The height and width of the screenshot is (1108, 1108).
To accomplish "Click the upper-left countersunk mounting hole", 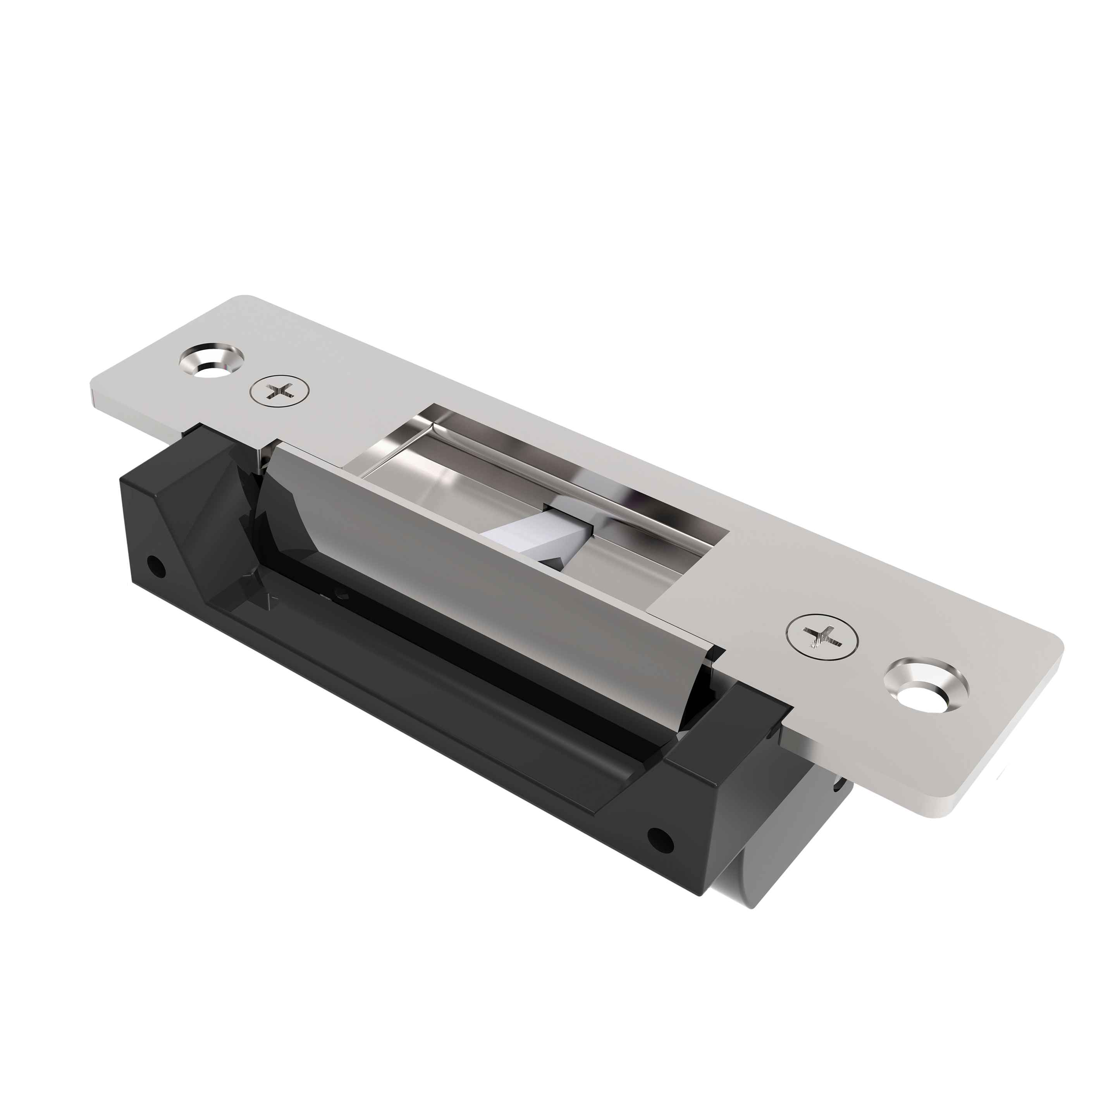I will pyautogui.click(x=211, y=361).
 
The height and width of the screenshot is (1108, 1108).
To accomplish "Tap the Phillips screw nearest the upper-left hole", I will pyautogui.click(x=279, y=391).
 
